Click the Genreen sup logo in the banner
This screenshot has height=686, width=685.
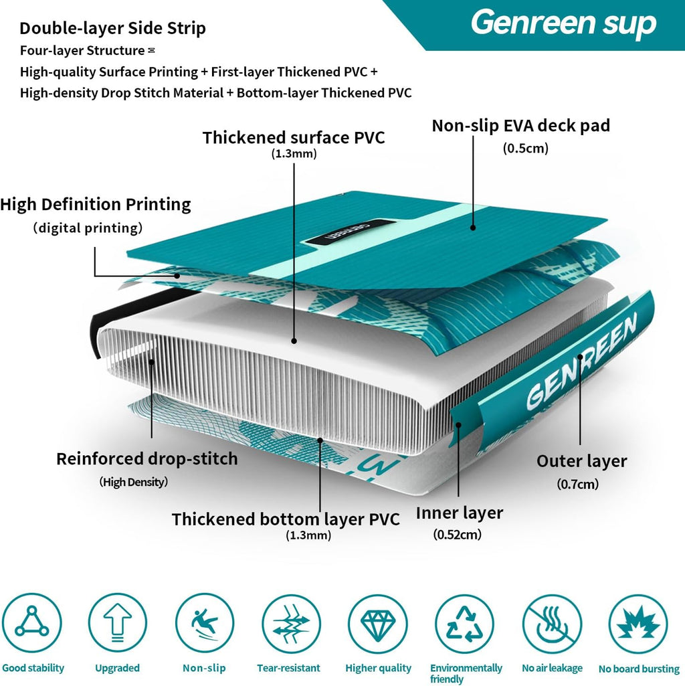(x=563, y=23)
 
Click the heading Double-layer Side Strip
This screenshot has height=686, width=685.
(x=112, y=28)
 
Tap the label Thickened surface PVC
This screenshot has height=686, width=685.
(x=294, y=137)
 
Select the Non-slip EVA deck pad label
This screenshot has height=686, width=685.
(x=520, y=126)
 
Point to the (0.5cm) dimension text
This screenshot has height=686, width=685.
(x=525, y=149)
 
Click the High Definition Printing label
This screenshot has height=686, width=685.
(x=96, y=204)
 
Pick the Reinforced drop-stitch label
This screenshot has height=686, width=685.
(x=147, y=458)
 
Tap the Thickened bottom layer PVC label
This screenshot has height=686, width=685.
(x=286, y=519)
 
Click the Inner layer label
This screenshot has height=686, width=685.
(x=460, y=513)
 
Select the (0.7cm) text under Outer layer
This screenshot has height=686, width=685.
(x=577, y=484)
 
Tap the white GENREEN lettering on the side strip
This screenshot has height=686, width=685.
(x=581, y=363)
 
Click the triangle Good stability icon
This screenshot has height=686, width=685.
(x=32, y=622)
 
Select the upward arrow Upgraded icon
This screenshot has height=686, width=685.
(x=117, y=622)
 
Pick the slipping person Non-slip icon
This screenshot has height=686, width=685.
(x=204, y=622)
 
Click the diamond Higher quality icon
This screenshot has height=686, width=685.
(x=377, y=624)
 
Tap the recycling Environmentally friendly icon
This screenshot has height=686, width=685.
(x=464, y=624)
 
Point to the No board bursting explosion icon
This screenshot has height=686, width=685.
(x=638, y=624)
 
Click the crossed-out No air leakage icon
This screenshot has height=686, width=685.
(x=552, y=624)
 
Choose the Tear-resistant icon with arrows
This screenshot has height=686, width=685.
(x=291, y=624)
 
